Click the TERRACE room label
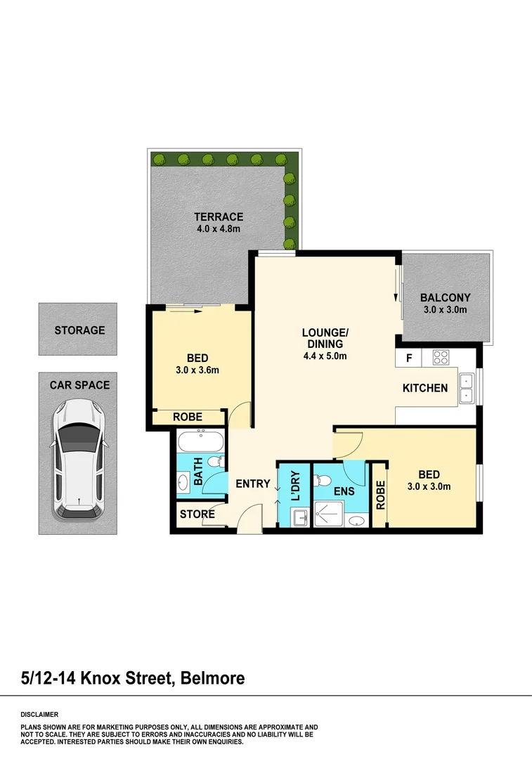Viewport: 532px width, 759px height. click(x=219, y=217)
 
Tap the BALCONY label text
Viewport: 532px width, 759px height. click(x=445, y=297)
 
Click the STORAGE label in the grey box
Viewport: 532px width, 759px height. click(x=79, y=330)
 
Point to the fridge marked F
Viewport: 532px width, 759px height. click(x=408, y=358)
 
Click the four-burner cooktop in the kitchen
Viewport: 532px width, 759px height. click(x=440, y=358)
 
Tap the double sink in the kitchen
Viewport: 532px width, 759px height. click(x=465, y=388)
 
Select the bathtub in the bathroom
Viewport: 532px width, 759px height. click(x=199, y=443)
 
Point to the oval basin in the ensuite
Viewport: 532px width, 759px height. click(x=357, y=521)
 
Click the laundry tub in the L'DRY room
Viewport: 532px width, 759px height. click(x=301, y=519)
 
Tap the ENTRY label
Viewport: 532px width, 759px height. click(x=252, y=484)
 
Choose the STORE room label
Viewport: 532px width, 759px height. click(x=197, y=514)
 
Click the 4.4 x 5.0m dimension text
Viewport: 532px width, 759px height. click(x=324, y=356)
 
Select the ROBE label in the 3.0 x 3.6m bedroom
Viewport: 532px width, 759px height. click(x=187, y=417)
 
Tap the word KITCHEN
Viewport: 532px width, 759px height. click(x=424, y=388)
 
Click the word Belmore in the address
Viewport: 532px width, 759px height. click(x=212, y=678)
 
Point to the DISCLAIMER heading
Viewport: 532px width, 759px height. click(x=41, y=713)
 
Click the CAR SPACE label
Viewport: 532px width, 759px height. click(x=79, y=385)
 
